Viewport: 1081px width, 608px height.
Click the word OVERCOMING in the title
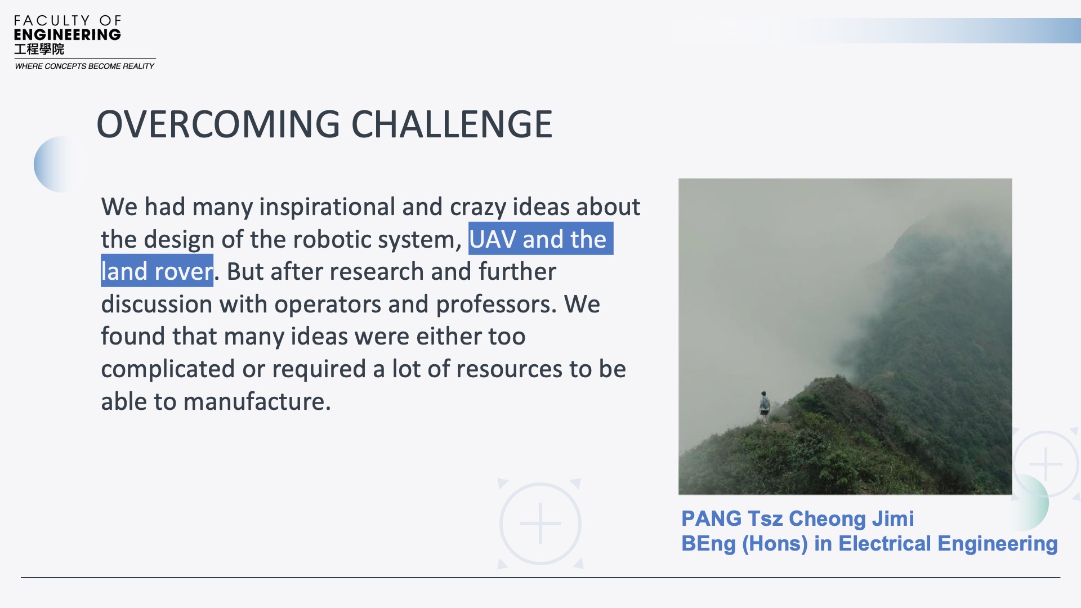click(x=218, y=124)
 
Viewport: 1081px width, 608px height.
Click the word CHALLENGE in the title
click(x=452, y=124)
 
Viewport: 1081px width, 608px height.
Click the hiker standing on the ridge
click(x=764, y=408)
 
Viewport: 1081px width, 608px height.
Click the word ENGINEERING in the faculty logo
click(x=68, y=35)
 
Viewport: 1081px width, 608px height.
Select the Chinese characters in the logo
click(x=39, y=49)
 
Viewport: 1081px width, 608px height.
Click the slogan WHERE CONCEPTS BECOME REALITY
click(x=84, y=66)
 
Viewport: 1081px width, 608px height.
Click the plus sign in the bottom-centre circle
click(x=540, y=524)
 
